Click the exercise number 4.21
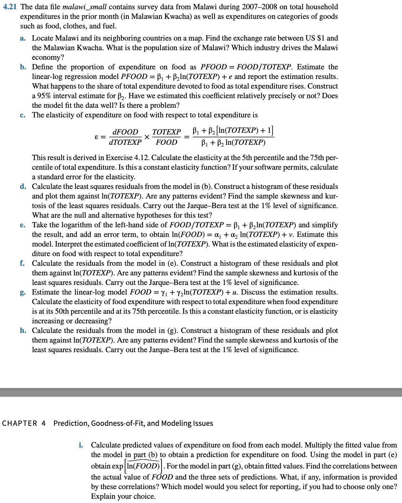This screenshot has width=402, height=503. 10,7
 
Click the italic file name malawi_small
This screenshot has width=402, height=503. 84,7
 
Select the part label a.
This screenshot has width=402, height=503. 23,38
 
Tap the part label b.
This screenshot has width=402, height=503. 23,67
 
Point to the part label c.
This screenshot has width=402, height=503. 23,115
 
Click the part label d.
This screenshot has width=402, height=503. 23,186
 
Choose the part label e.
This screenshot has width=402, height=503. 23,225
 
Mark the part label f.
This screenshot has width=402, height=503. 22,263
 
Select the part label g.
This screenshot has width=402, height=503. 23,292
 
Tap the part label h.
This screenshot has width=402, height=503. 23,330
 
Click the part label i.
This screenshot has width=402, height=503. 81,445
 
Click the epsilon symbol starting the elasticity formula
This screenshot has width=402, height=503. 96,137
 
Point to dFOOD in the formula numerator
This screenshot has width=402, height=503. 125,132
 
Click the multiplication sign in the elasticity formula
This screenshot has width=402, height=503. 147,137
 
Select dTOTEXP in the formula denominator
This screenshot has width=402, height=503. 125,142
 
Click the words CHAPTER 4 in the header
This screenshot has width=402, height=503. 24,423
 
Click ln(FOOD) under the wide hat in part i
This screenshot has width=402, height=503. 143,466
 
